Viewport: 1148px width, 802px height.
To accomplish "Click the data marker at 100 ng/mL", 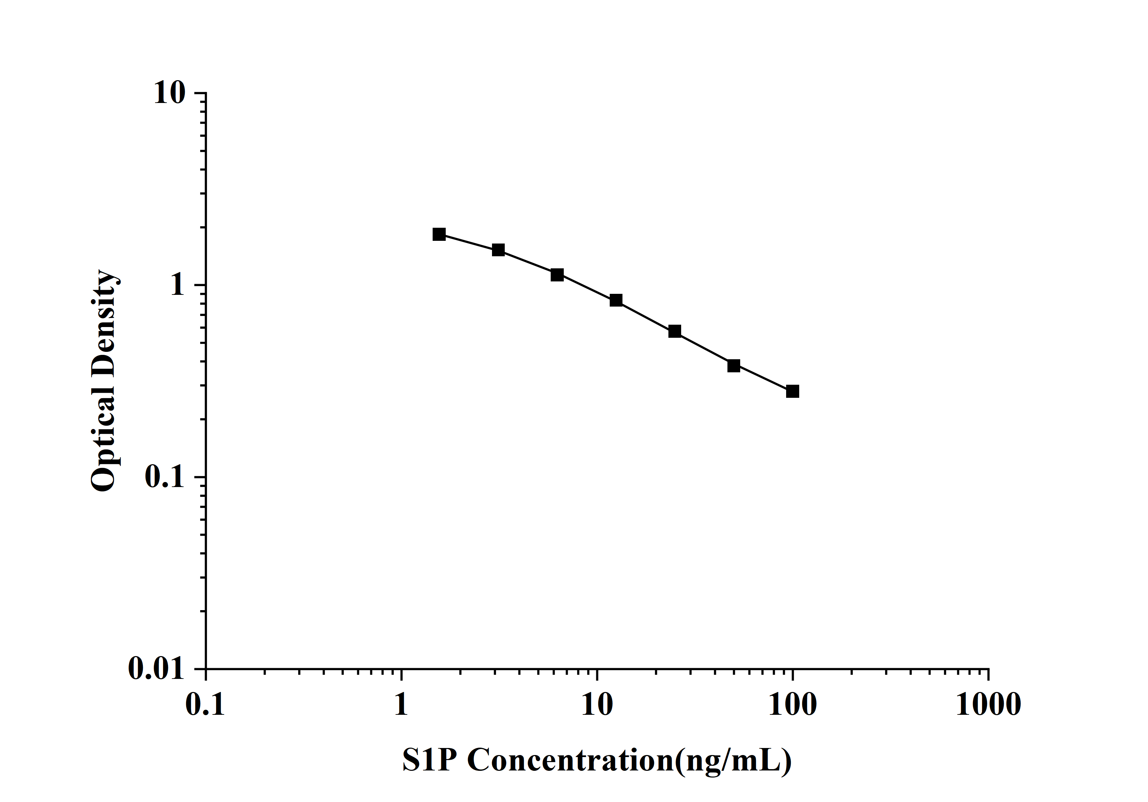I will tap(792, 391).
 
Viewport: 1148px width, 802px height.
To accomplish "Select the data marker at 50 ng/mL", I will tap(733, 366).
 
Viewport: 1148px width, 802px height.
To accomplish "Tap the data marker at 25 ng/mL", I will tap(674, 331).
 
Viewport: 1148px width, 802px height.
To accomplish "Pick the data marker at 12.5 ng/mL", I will tap(616, 300).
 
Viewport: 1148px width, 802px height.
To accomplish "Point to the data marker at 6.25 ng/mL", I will tap(557, 274).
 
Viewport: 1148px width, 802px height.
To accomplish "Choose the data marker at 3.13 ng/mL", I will tap(498, 250).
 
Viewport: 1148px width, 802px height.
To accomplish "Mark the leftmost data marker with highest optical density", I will tap(439, 234).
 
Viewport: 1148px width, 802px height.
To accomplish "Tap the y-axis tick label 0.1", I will tap(164, 477).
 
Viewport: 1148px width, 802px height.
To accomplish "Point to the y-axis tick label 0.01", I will tap(156, 668).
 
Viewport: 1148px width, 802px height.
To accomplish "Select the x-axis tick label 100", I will tap(792, 705).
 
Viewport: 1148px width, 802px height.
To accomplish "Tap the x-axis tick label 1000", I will tap(988, 705).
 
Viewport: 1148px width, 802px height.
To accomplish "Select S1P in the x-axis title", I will tap(430, 760).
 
